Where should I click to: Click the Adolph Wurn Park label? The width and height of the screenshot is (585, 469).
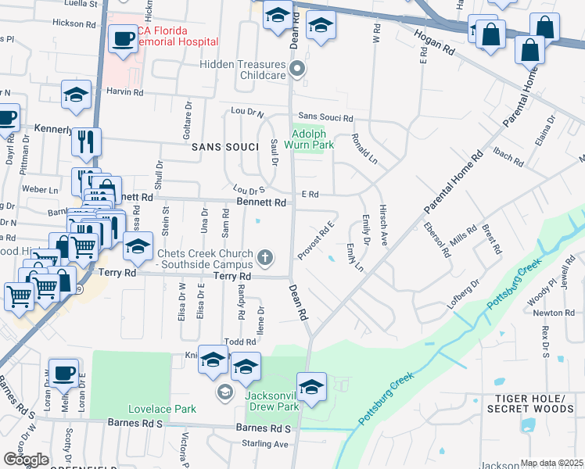[x=314, y=139]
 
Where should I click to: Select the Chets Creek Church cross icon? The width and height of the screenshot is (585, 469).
[x=266, y=256]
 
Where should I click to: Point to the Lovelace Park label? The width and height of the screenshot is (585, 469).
[x=163, y=409]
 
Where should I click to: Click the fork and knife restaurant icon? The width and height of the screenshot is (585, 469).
[x=86, y=141]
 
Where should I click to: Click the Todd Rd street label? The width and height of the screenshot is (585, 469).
[x=240, y=342]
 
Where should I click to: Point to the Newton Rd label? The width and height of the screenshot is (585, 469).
[x=553, y=313]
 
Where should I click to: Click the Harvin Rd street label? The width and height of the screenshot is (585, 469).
[x=125, y=92]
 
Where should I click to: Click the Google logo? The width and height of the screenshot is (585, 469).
[x=26, y=460]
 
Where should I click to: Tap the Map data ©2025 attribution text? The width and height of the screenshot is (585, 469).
[x=552, y=463]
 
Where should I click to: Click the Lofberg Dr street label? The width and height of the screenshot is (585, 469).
[x=465, y=296]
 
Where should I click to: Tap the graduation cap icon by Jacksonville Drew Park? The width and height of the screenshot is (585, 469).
[x=311, y=387]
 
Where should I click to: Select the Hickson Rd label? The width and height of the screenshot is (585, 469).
[x=74, y=23]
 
